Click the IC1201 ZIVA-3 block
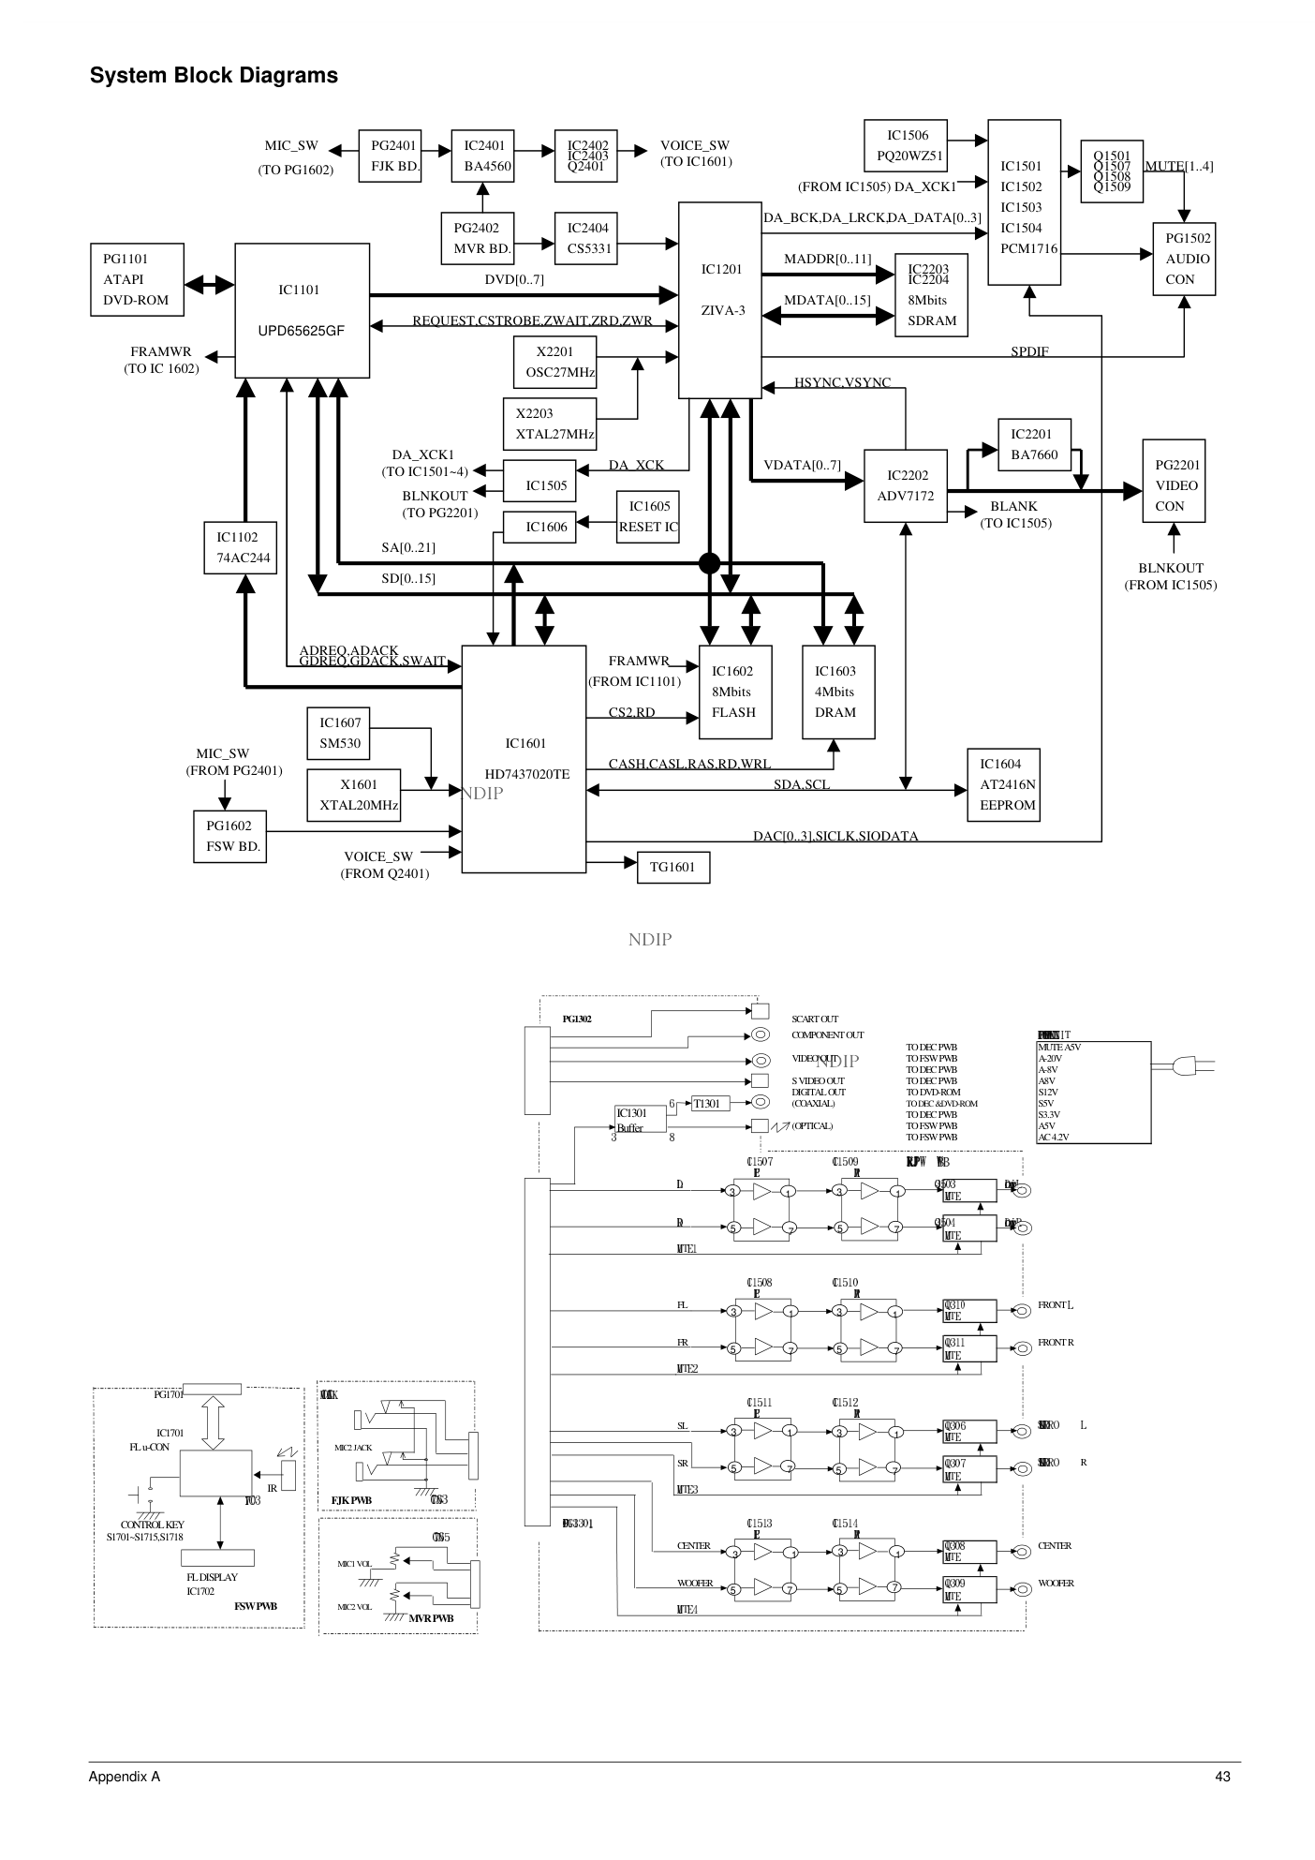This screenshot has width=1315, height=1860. click(x=719, y=300)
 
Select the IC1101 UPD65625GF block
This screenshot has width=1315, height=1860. click(x=302, y=310)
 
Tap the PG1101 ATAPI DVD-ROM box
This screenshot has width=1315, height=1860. click(x=137, y=279)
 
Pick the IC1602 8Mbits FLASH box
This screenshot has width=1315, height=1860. click(x=735, y=692)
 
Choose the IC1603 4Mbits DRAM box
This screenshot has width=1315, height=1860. click(x=838, y=692)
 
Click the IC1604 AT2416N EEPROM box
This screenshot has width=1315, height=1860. click(x=1003, y=784)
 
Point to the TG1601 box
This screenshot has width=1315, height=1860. click(x=672, y=867)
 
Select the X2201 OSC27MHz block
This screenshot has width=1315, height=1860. click(x=555, y=362)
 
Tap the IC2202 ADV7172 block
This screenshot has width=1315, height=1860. click(x=906, y=486)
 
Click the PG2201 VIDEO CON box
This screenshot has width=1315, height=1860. click(x=1174, y=485)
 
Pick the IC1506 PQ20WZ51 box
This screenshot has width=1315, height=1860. click(x=907, y=146)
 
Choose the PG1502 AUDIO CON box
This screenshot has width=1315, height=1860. click(x=1184, y=259)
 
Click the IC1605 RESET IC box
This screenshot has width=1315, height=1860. click(x=648, y=516)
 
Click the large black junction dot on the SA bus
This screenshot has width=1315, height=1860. click(x=710, y=563)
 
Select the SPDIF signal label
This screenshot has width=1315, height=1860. click(x=1029, y=352)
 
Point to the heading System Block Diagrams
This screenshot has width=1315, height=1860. click(x=214, y=76)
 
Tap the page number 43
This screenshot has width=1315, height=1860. click(x=1221, y=1777)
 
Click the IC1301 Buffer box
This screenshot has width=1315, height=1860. click(x=640, y=1120)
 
